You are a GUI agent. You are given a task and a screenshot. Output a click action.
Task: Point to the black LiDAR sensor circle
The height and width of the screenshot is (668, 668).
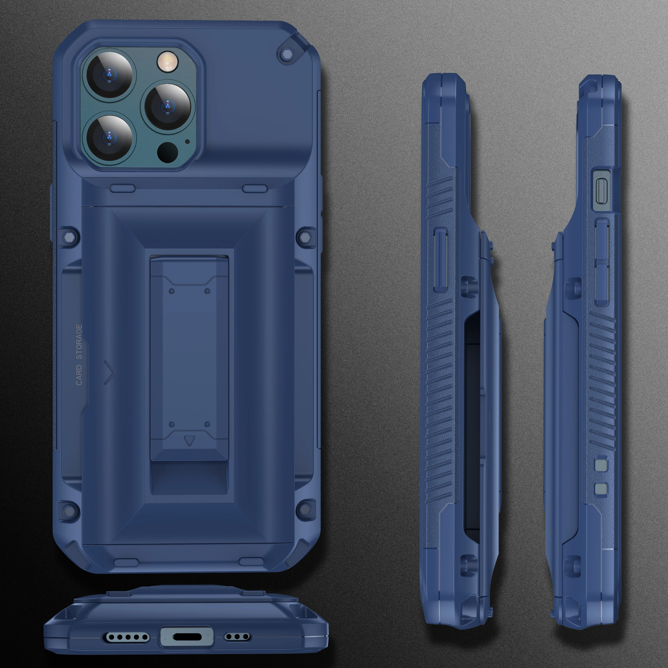(x=168, y=152)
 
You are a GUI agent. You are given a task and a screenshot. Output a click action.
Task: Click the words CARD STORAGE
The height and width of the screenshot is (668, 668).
(x=79, y=355)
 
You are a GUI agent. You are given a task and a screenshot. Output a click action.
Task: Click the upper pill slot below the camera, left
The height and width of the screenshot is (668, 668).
(x=122, y=188)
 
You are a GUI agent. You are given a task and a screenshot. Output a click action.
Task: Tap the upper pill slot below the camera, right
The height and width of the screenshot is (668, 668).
(x=255, y=188)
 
